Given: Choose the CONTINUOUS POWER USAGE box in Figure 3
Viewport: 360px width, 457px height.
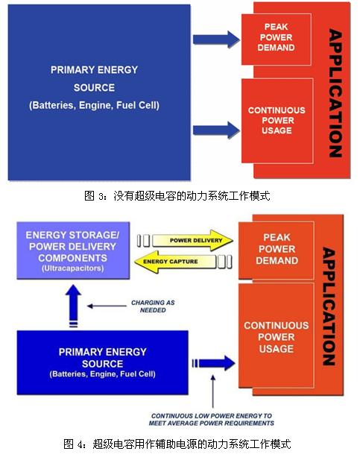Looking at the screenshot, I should [277, 120].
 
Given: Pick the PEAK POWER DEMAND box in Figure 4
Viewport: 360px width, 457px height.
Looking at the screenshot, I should [276, 250].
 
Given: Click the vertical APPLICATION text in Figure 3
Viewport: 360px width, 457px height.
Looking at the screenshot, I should [336, 93].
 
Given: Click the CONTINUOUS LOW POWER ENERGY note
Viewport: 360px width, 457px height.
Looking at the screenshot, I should [212, 420].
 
